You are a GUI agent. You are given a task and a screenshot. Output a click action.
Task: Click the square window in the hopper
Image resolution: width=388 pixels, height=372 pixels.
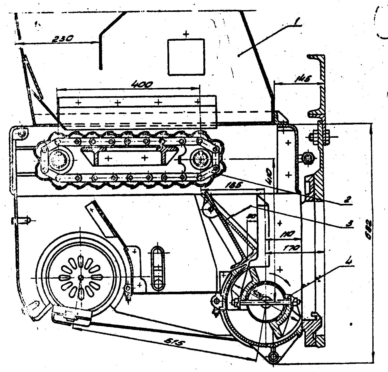point(186,57)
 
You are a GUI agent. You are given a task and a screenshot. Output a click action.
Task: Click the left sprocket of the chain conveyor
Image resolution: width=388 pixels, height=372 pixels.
point(58,160)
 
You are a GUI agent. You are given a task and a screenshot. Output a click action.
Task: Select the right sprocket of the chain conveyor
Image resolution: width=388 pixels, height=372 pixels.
point(201,159)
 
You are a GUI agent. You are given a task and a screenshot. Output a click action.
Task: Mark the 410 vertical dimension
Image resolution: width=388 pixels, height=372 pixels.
point(268,175)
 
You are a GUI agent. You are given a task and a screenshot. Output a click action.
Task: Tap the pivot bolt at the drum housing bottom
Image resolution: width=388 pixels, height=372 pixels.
point(273,357)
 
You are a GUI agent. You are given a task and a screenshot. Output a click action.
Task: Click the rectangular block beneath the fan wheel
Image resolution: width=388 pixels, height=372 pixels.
point(72,315)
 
